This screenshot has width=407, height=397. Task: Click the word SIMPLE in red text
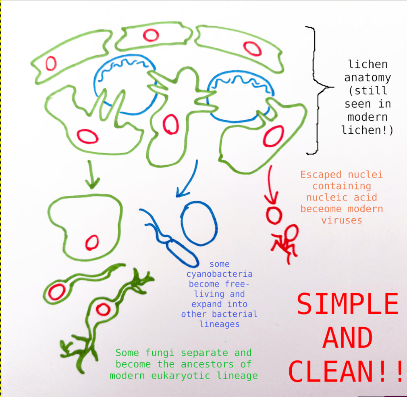click(x=347, y=303)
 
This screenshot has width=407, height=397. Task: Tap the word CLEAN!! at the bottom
click(x=345, y=371)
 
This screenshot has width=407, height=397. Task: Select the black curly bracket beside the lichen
click(x=318, y=90)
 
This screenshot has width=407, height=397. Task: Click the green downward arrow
click(x=92, y=174)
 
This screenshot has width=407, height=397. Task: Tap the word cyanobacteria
click(x=219, y=274)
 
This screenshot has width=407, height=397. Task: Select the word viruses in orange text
click(x=342, y=220)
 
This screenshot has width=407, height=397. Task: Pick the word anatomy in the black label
click(x=368, y=78)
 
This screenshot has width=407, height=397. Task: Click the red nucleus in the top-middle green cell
click(x=151, y=35)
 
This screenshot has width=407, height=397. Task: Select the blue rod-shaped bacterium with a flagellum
click(x=171, y=239)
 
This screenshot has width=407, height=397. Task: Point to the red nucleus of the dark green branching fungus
click(x=103, y=309)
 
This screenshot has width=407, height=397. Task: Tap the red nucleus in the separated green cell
click(x=92, y=242)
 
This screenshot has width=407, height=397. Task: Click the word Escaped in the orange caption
click(x=321, y=175)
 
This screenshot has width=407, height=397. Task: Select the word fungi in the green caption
click(x=160, y=353)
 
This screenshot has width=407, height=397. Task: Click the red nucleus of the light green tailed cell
click(x=57, y=292)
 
